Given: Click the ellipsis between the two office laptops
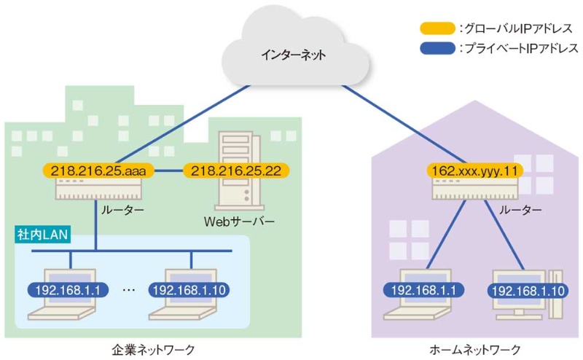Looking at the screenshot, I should (129, 290).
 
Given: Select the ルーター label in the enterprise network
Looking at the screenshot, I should (123, 210).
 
